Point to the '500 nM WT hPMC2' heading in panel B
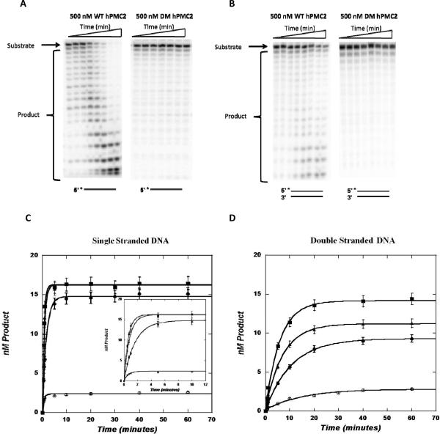(301, 17)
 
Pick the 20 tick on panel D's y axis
(257, 255)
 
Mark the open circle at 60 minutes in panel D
(412, 389)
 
